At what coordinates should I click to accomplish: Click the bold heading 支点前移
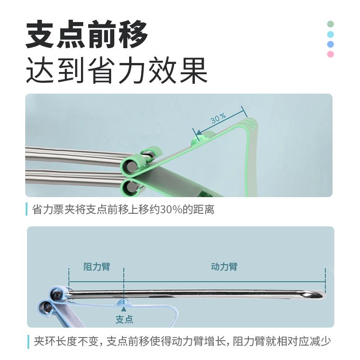[87, 35]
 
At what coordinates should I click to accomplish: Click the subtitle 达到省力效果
[117, 70]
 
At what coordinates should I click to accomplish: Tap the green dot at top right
[330, 24]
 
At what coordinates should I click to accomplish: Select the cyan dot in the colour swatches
[330, 35]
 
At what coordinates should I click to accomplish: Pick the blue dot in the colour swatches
[330, 44]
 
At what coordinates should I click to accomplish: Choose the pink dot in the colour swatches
[330, 54]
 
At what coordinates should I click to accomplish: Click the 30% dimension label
[218, 118]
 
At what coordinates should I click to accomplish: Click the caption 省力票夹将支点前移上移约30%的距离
[123, 209]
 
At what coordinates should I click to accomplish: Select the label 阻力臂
[97, 266]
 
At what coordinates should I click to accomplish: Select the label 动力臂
[224, 266]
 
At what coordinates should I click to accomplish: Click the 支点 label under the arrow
[124, 319]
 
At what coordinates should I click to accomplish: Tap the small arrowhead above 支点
[124, 309]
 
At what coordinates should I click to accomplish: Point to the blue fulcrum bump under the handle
[124, 302]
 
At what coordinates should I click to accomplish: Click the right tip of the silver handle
[324, 294]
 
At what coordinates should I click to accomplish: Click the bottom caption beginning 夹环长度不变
[182, 342]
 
